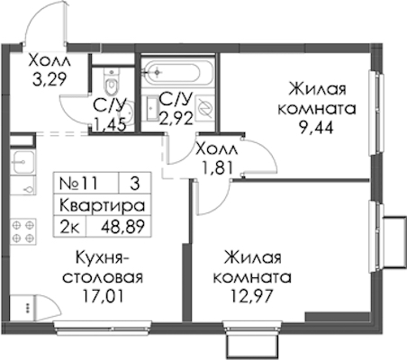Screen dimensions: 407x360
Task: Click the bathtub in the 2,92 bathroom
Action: tap(171, 72)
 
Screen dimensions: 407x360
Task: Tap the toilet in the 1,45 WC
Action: tap(112, 81)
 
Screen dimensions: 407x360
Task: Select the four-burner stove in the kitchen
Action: tap(23, 231)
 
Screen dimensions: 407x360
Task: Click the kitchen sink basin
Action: tap(23, 162)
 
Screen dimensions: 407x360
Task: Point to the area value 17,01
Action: tap(103, 296)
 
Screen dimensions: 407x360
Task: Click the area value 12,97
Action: tap(252, 296)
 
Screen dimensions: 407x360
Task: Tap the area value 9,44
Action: tap(317, 129)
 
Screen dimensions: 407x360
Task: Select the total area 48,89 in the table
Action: tap(123, 227)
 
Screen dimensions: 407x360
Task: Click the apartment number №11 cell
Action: tap(78, 183)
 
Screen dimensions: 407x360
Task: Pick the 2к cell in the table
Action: tap(70, 227)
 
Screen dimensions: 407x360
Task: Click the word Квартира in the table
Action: tap(103, 206)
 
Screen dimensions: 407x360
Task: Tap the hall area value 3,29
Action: tap(50, 79)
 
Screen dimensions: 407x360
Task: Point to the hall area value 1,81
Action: tap(218, 168)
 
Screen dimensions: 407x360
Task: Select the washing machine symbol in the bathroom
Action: tap(204, 108)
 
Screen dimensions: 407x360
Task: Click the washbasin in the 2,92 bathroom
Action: tap(153, 108)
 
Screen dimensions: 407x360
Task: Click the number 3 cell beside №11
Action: tap(135, 183)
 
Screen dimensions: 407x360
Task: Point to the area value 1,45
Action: tap(109, 125)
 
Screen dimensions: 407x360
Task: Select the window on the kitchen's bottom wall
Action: tap(102, 328)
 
